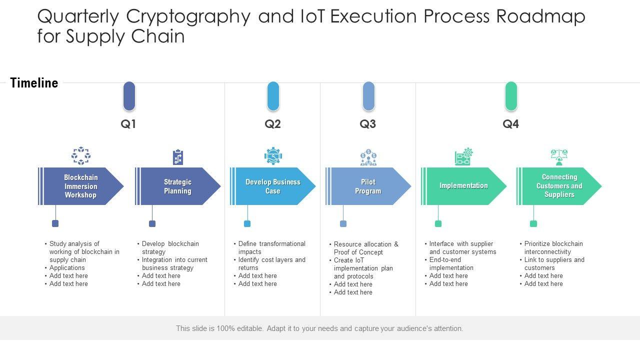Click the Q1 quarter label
pos(128,124)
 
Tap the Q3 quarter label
pos(368,124)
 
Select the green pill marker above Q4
pos(511,95)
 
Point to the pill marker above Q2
pos(273,95)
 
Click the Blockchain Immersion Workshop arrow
pos(80,186)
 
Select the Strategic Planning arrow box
pos(177,186)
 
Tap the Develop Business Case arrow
pos(272,186)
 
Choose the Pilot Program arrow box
pos(368,186)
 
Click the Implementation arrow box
pos(463,186)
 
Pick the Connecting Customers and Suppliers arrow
pos(559,186)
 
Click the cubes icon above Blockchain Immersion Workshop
pos(81,156)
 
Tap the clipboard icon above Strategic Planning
pos(177,157)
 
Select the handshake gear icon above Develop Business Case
pos(273,156)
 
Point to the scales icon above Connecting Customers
pos(559,157)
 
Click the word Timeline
pos(34,83)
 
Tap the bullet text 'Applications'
pos(67,268)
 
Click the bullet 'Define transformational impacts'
pos(271,248)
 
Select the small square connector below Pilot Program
pos(343,224)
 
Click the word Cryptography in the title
pos(188,17)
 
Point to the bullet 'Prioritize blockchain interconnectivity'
pos(553,248)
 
